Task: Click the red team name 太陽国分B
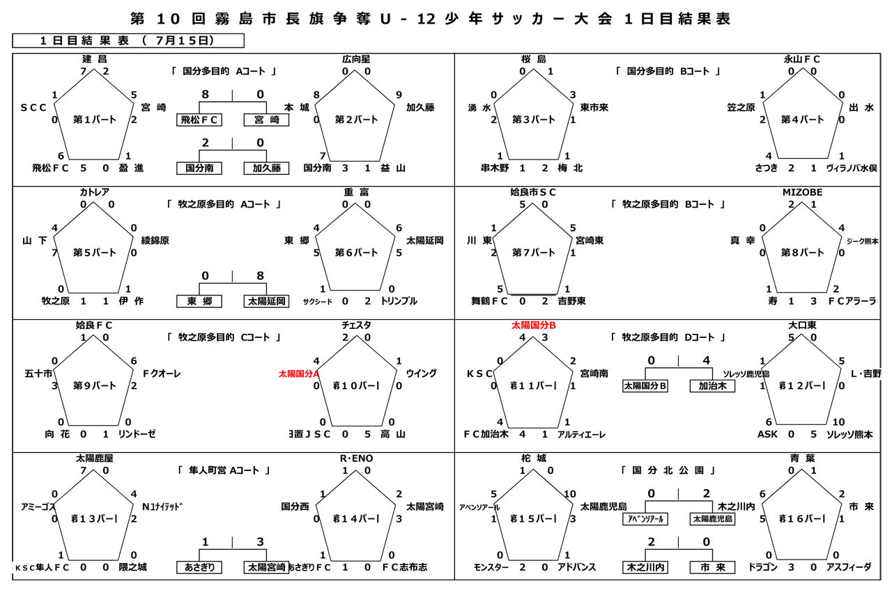(x=534, y=325)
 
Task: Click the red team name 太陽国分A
(x=298, y=373)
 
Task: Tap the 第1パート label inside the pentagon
(x=95, y=119)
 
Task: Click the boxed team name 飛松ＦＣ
(x=199, y=120)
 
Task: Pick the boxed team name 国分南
(x=199, y=168)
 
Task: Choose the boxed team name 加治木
(x=712, y=385)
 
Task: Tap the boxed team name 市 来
(x=712, y=567)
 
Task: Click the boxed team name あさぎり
(x=199, y=567)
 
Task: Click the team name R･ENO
(x=357, y=458)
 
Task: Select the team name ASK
(x=767, y=434)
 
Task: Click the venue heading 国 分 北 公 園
(x=669, y=471)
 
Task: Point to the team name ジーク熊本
(x=862, y=241)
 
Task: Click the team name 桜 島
(x=534, y=59)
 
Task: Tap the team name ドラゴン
(x=762, y=567)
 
